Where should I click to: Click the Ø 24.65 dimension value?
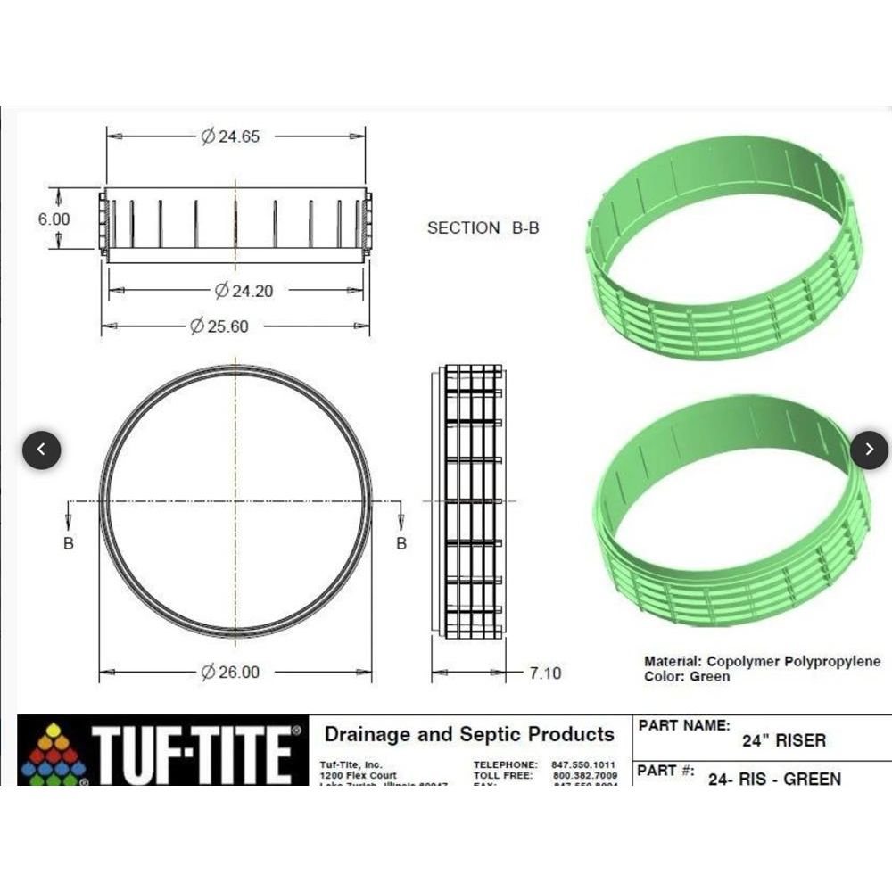tap(230, 136)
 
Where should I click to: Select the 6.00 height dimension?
tap(54, 219)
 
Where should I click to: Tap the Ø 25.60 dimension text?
tap(219, 326)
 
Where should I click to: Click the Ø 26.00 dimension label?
tap(230, 672)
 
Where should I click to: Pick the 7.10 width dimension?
tap(545, 673)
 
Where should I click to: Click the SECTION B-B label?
tap(483, 227)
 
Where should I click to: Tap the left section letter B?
tap(69, 542)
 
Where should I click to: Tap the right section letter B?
tap(401, 542)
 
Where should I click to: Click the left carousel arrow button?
tap(42, 450)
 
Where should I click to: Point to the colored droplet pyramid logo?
tap(54, 755)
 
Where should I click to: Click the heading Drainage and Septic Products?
tap(469, 734)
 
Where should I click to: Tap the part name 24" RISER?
tap(784, 740)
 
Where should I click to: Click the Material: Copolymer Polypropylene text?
tap(762, 661)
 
